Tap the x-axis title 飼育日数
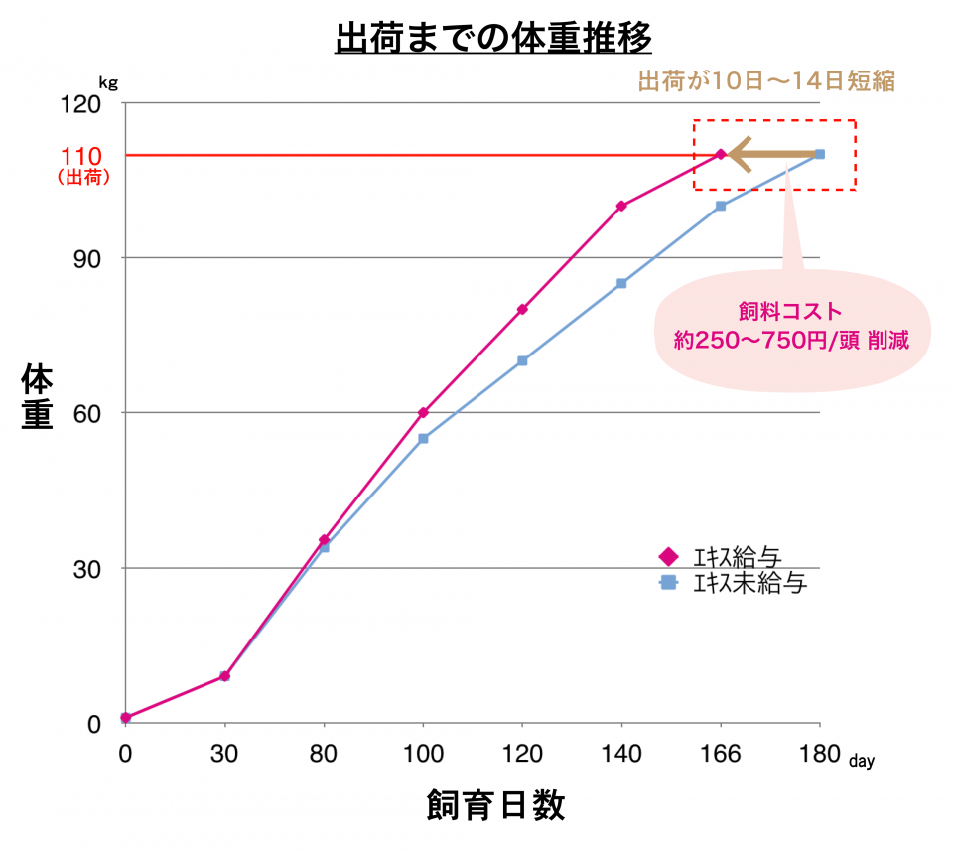[495, 804]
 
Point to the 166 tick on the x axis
[721, 754]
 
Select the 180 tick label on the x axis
[819, 754]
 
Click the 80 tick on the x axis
[324, 754]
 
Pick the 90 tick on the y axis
[88, 258]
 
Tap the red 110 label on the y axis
[81, 156]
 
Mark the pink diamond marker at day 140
[621, 207]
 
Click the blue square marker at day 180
[820, 154]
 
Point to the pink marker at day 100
[423, 412]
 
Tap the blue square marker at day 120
[522, 360]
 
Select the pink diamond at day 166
[721, 154]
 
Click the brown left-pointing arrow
[769, 154]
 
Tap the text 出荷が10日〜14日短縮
[765, 81]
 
